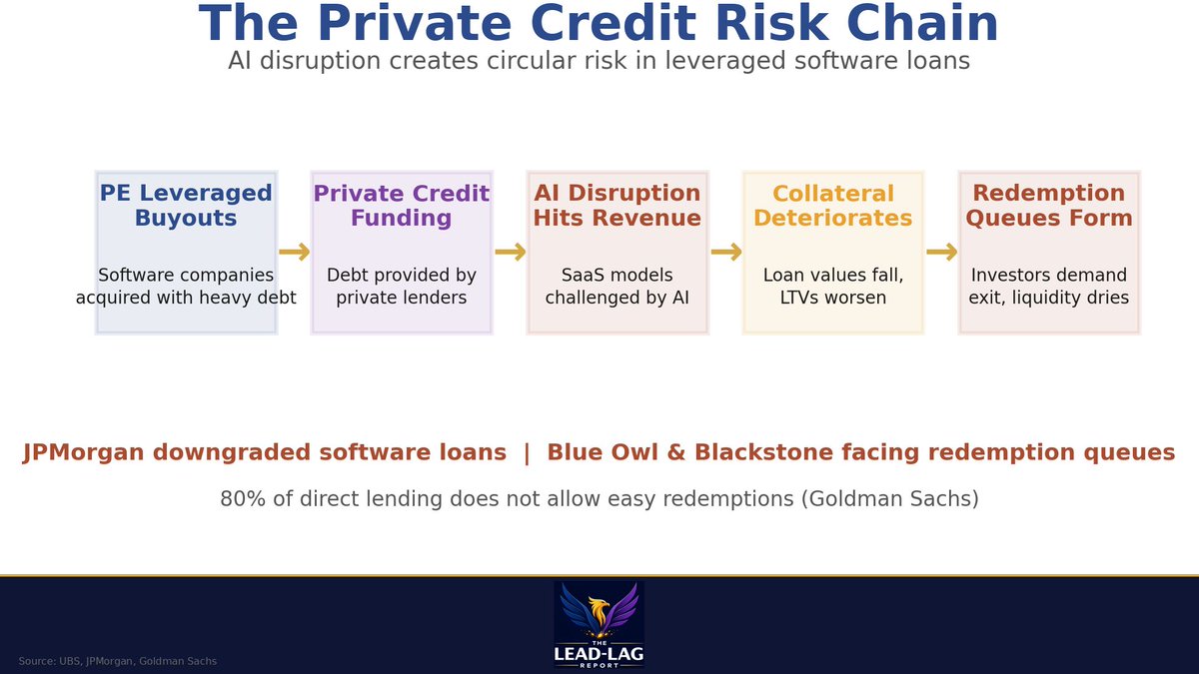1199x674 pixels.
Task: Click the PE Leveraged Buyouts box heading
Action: pos(186,206)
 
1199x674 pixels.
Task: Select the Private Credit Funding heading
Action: pos(401,206)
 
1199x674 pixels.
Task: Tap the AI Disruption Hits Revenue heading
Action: pos(616,206)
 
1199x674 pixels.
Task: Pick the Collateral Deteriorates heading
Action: pos(832,206)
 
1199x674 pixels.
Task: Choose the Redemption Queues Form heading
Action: pos(1048,206)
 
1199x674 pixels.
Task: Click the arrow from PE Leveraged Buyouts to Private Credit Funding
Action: pos(294,253)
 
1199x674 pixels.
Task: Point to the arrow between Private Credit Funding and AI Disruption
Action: pos(510,253)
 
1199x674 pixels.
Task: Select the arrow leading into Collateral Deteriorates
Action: pos(725,253)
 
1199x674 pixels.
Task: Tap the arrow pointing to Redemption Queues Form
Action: pos(941,253)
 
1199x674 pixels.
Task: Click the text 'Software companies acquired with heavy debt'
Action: pos(186,287)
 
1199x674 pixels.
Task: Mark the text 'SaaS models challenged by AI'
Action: pos(616,287)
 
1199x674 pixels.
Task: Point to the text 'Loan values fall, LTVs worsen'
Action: pos(832,287)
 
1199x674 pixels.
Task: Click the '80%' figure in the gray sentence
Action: pos(243,498)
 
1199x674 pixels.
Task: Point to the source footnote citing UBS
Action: pos(117,661)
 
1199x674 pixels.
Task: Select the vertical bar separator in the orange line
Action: pos(527,452)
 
